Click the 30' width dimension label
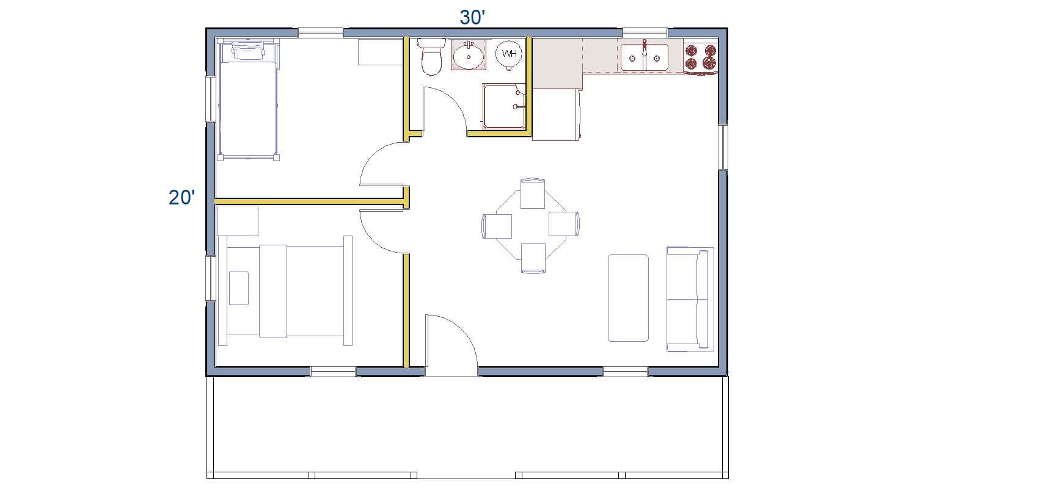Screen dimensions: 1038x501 click(x=472, y=18)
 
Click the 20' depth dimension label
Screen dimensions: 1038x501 click(x=181, y=198)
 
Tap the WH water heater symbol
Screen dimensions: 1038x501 click(x=509, y=54)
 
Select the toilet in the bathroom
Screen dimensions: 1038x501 click(x=431, y=57)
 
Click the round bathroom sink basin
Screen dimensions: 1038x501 click(x=469, y=57)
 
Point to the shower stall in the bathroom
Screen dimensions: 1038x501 click(x=504, y=106)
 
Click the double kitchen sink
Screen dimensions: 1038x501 click(x=645, y=58)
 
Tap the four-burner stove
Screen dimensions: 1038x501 click(x=701, y=57)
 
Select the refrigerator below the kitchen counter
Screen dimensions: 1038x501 click(x=556, y=114)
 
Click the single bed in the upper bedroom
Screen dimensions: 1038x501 click(x=249, y=99)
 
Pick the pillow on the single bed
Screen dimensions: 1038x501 click(x=249, y=51)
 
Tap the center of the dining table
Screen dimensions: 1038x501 click(x=531, y=226)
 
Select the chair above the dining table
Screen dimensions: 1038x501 click(x=532, y=193)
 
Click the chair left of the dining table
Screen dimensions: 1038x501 click(x=497, y=226)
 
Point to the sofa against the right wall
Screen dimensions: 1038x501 click(x=690, y=299)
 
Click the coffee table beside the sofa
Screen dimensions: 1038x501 click(x=628, y=298)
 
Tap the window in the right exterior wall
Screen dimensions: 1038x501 click(x=723, y=147)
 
